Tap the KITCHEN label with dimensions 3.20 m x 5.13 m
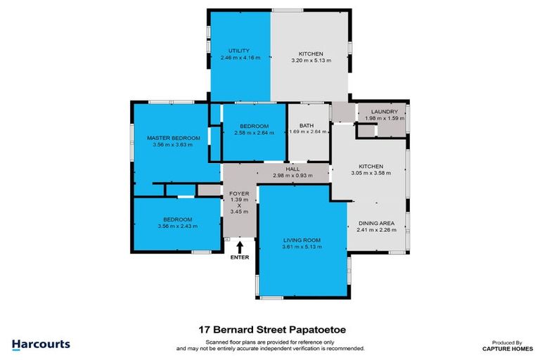pos(310,53)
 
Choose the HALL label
pos(293,169)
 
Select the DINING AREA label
pos(376,223)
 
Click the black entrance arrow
pos(240,247)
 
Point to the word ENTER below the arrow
pos(240,257)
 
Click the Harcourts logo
pos(41,344)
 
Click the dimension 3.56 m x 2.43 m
pos(178,226)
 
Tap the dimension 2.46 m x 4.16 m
pos(238,59)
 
